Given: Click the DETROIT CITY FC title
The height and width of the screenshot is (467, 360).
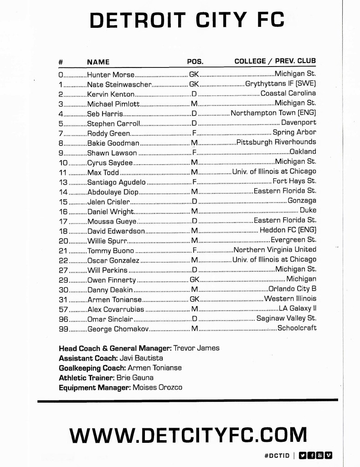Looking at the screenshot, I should (187, 21).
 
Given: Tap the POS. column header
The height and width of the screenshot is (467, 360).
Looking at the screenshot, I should (195, 62).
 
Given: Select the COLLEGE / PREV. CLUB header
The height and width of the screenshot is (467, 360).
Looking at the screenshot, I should (275, 61).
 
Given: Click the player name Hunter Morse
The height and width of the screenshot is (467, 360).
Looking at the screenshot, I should (111, 74).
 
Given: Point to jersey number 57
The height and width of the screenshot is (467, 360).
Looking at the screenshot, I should (64, 309).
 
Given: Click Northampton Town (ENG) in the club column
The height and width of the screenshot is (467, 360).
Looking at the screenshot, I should (273, 113).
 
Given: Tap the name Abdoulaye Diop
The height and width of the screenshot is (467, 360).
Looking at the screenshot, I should (109, 192).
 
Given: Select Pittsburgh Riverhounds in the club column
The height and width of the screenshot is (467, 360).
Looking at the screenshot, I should (277, 142).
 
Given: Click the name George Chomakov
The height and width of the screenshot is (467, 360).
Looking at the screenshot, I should (118, 329).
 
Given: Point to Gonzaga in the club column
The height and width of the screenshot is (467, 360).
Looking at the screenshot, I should (302, 201).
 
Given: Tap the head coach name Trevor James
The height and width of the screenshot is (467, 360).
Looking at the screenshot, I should (197, 348).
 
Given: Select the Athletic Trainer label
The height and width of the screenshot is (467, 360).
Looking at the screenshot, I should (87, 378).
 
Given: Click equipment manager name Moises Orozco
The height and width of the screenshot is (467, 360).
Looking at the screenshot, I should (157, 388).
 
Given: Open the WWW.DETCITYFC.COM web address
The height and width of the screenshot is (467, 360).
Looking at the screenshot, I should (186, 435).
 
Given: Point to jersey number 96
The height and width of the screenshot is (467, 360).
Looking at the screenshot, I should (64, 319).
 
